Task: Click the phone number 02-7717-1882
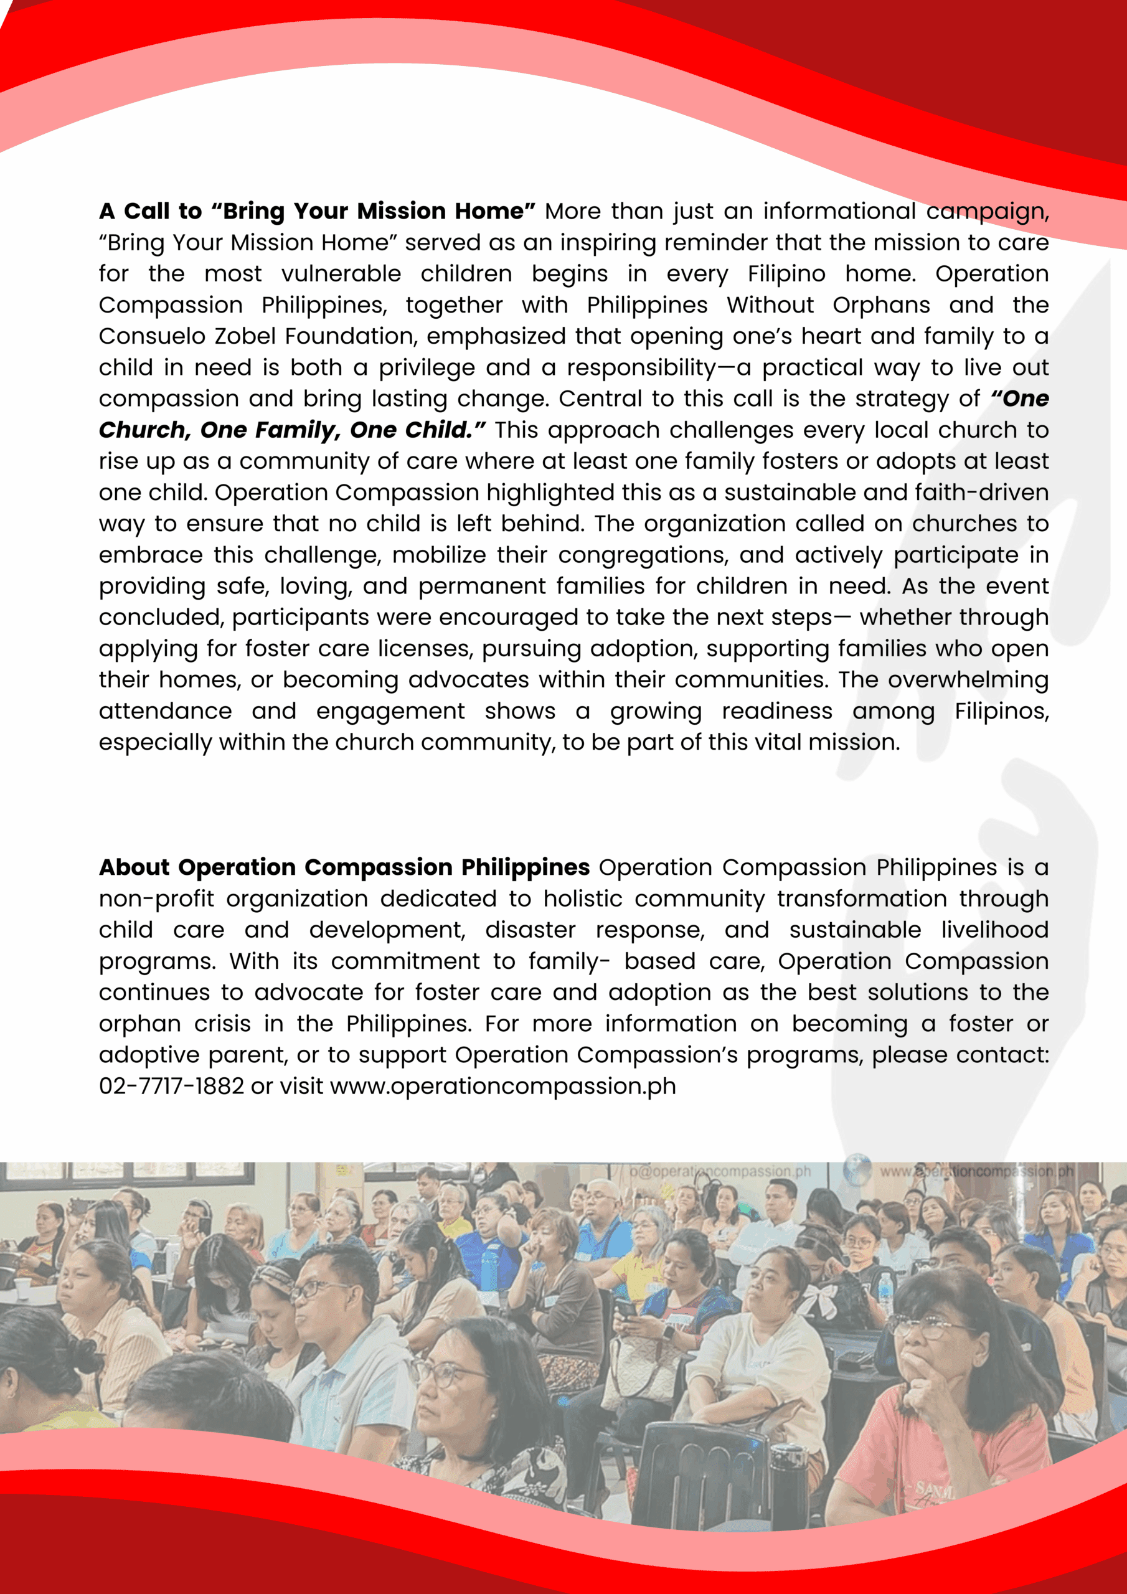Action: pyautogui.click(x=171, y=1086)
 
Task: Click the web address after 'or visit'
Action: pyautogui.click(x=502, y=1086)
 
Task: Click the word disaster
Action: pyautogui.click(x=530, y=930)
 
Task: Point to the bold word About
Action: pyautogui.click(x=134, y=867)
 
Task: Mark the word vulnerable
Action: pyautogui.click(x=341, y=274)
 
